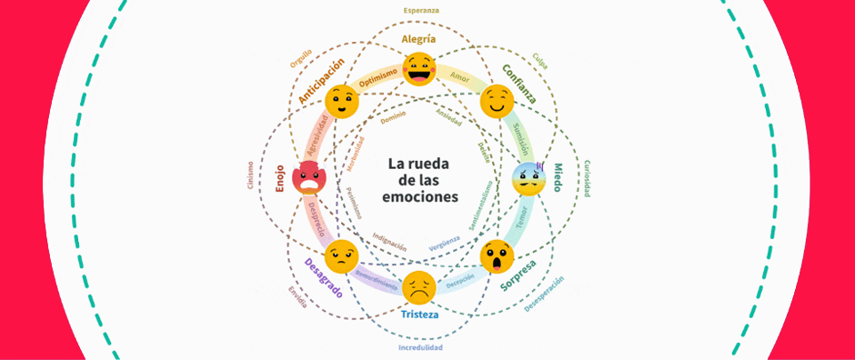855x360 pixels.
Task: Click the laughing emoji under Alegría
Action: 419,69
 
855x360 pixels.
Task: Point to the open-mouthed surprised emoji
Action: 498,256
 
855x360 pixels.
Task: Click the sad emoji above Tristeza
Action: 419,287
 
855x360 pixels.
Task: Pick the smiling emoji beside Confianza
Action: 497,101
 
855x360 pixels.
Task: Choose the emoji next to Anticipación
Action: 341,101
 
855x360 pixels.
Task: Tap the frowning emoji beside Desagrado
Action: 340,255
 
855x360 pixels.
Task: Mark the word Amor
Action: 459,78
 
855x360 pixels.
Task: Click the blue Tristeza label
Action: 419,315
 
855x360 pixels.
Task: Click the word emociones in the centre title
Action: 422,196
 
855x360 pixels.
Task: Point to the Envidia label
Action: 297,298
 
